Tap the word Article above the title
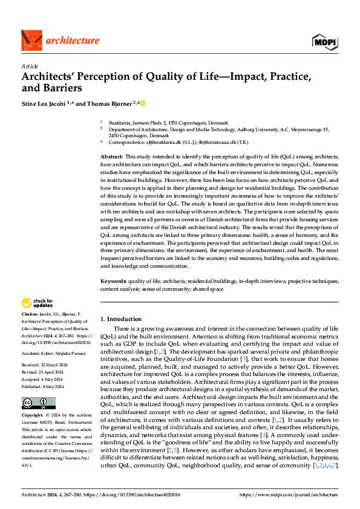pos(29,66)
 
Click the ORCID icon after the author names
pos(143,103)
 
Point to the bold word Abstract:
pos(113,156)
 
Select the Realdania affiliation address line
pos(169,122)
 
